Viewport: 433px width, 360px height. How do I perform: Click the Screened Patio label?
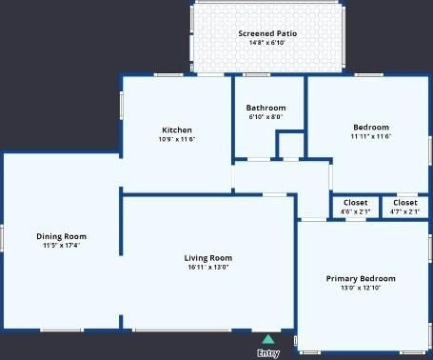point(267,33)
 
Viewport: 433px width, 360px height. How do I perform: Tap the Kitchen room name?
point(177,130)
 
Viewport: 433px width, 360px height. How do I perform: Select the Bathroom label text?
point(266,108)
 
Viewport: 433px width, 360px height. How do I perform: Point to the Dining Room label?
point(61,236)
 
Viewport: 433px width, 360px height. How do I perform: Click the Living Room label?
point(208,258)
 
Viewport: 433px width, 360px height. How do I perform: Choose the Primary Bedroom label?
point(361,278)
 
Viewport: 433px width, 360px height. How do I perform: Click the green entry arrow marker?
point(268,339)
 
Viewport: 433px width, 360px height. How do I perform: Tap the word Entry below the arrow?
point(268,353)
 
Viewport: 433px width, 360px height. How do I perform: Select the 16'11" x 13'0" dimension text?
point(208,267)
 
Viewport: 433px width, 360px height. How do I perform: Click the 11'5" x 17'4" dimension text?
point(61,245)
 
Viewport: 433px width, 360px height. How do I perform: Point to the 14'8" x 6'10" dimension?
point(267,43)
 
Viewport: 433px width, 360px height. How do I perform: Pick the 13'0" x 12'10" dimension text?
point(361,288)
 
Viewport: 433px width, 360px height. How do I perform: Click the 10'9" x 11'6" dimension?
point(177,139)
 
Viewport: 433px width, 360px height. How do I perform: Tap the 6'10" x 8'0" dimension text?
point(266,117)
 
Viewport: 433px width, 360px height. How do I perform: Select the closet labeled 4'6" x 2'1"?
point(355,207)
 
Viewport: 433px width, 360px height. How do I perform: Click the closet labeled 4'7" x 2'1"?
point(405,207)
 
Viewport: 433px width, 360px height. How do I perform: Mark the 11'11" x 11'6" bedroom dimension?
point(371,136)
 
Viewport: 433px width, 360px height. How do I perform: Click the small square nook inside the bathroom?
point(291,145)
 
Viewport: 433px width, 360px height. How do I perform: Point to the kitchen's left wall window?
point(121,106)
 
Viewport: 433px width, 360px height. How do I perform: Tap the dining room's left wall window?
point(2,237)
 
